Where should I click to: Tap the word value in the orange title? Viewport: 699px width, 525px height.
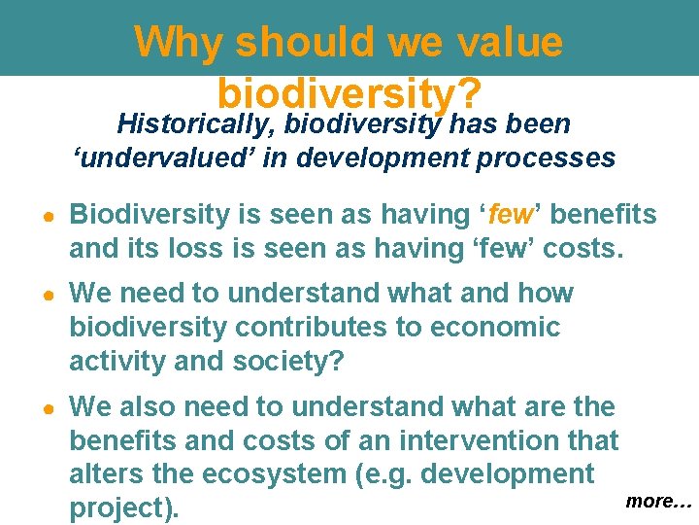point(506,42)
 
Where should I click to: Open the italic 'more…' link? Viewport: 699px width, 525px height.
point(657,501)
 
